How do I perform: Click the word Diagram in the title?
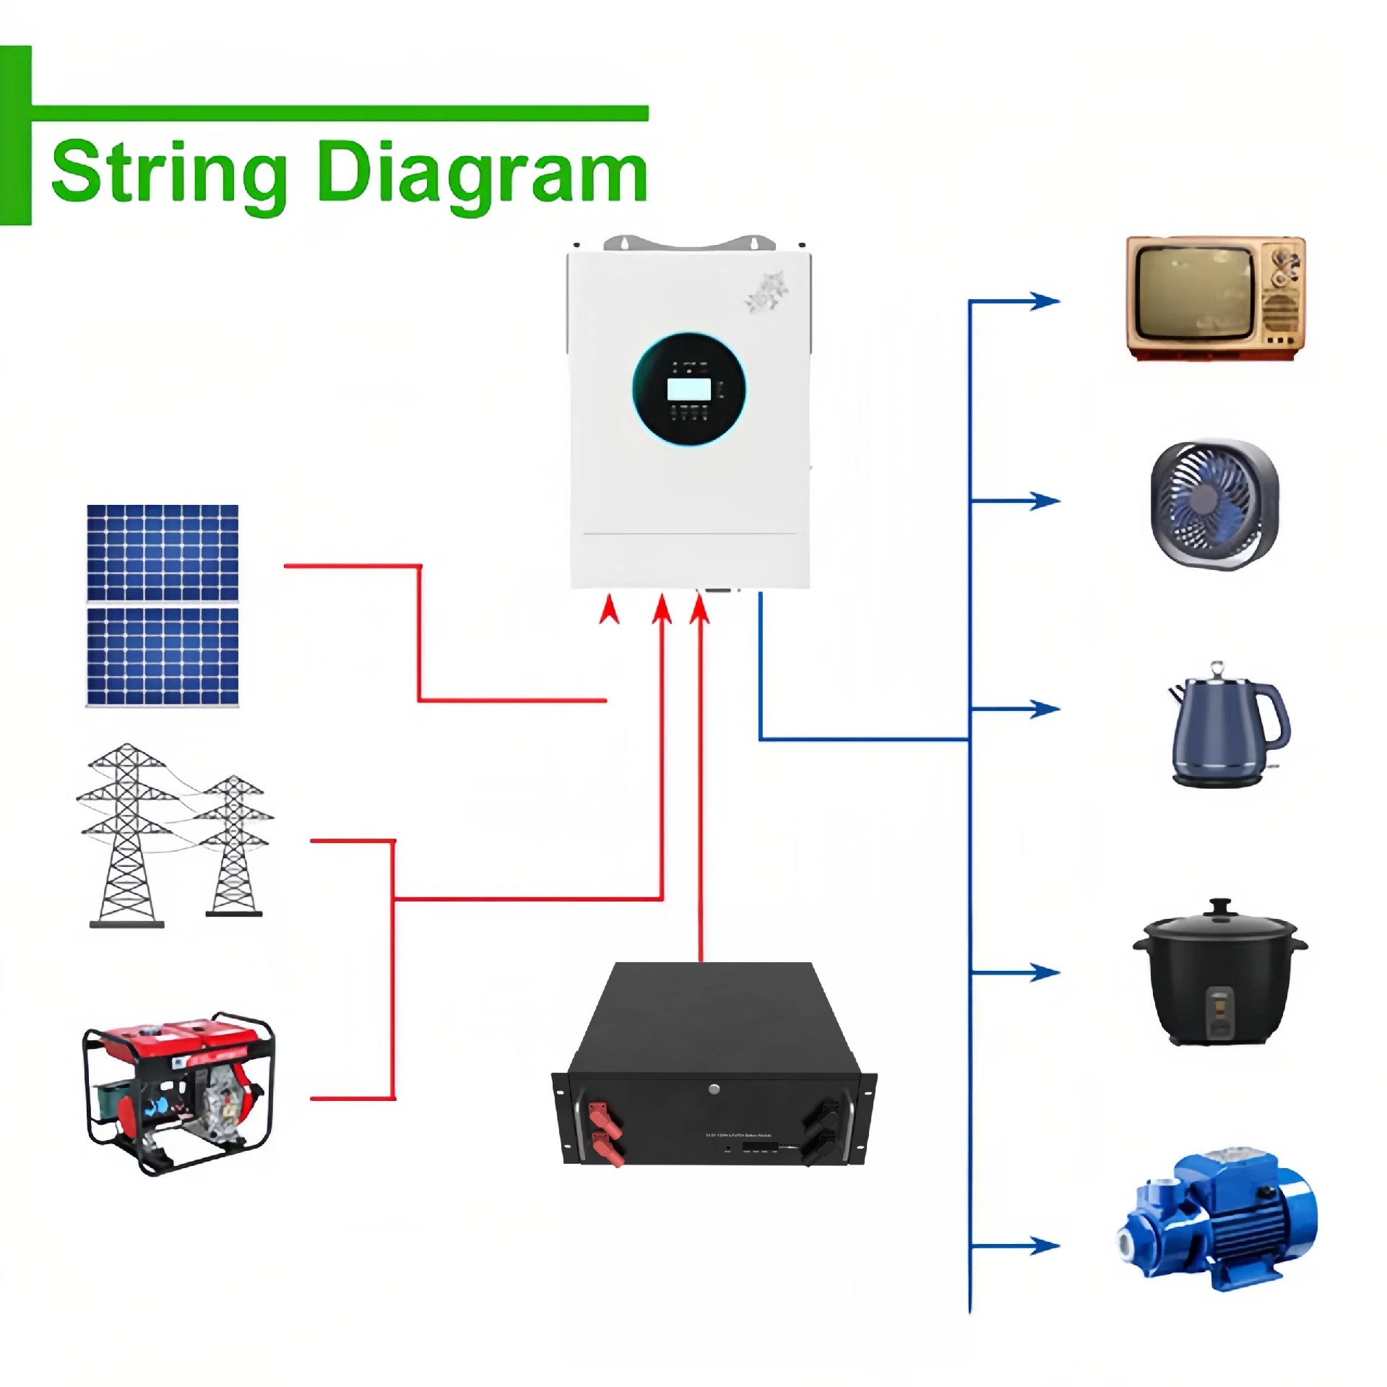482,172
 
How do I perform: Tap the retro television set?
1216,298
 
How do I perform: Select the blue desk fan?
1214,504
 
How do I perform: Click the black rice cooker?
1219,974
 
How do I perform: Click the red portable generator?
179,1091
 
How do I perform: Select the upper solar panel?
163,553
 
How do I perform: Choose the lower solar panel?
163,656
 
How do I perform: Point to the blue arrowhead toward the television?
1045,301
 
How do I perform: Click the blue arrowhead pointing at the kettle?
1045,709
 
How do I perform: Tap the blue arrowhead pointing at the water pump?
1045,1245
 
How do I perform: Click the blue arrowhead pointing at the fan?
1045,500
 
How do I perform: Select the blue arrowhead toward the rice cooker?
1045,972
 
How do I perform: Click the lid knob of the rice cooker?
1220,906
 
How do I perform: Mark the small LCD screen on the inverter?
688,389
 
